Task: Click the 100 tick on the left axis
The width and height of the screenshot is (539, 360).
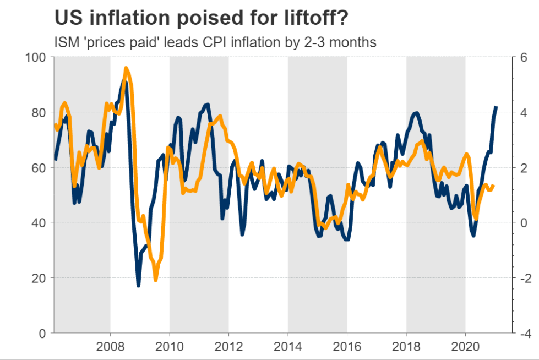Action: pos(37,57)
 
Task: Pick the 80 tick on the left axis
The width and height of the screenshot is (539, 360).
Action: pos(41,112)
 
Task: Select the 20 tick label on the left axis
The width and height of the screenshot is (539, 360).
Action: pos(41,278)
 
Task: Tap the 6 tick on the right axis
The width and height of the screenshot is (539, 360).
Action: pos(524,57)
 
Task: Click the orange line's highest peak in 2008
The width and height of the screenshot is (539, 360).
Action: pos(126,68)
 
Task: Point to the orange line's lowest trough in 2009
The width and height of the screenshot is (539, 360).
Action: pos(156,280)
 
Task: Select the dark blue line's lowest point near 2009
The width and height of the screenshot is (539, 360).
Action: pos(138,286)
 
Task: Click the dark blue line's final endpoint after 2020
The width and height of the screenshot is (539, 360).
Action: pos(497,107)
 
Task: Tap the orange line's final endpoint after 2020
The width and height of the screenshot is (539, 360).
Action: pos(493,186)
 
